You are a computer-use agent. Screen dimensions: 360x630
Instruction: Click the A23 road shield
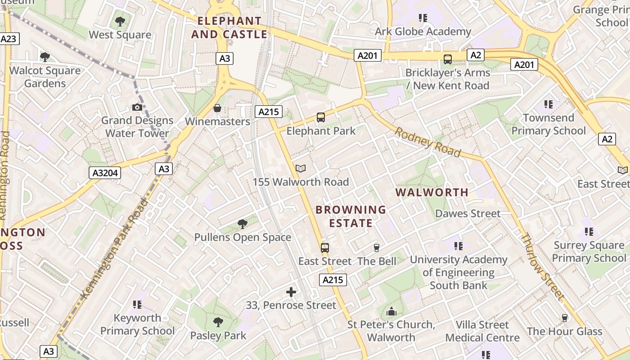point(9,39)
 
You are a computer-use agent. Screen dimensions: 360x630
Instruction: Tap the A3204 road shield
point(105,172)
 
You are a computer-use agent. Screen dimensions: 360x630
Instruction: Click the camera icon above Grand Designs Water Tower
point(137,107)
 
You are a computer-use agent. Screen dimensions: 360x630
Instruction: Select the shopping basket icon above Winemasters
point(217,108)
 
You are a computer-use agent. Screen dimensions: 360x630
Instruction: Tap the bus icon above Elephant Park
point(321,117)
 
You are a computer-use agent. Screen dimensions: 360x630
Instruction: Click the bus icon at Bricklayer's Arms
point(448,59)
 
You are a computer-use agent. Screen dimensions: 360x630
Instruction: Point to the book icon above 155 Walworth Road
point(301,169)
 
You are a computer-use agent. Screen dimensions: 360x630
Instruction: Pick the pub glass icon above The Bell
point(377,248)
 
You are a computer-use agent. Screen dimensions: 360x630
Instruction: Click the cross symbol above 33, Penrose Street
point(291,292)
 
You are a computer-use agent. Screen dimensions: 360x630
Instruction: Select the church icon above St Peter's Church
point(391,311)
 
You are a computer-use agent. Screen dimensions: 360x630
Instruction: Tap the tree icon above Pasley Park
point(218,322)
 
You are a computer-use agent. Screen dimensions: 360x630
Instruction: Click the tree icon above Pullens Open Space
point(243,224)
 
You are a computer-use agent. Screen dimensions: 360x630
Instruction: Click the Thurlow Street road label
point(542,266)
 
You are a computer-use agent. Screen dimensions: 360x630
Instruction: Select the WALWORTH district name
point(432,193)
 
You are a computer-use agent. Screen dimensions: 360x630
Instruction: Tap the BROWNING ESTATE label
point(351,216)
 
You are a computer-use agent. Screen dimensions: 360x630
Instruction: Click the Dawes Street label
point(468,213)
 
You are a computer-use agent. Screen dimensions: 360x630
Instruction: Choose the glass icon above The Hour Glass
point(565,318)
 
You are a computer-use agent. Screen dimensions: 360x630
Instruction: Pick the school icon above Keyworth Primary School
point(137,305)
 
